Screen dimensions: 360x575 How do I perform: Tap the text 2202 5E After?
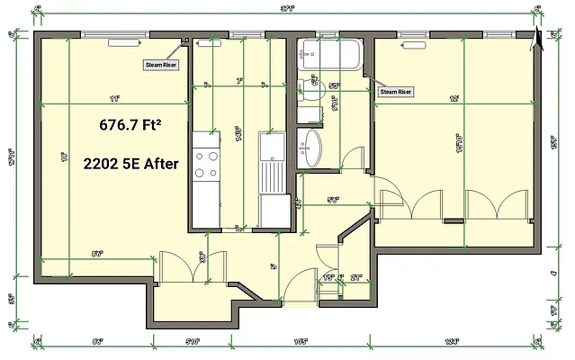pyautogui.click(x=130, y=165)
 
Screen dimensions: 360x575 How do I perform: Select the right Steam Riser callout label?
pyautogui.click(x=395, y=91)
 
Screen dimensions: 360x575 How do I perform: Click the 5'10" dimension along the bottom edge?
pyautogui.click(x=191, y=342)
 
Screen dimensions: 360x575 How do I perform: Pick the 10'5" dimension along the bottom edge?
pyautogui.click(x=301, y=342)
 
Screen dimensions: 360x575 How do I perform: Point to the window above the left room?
pyautogui.click(x=113, y=35)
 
